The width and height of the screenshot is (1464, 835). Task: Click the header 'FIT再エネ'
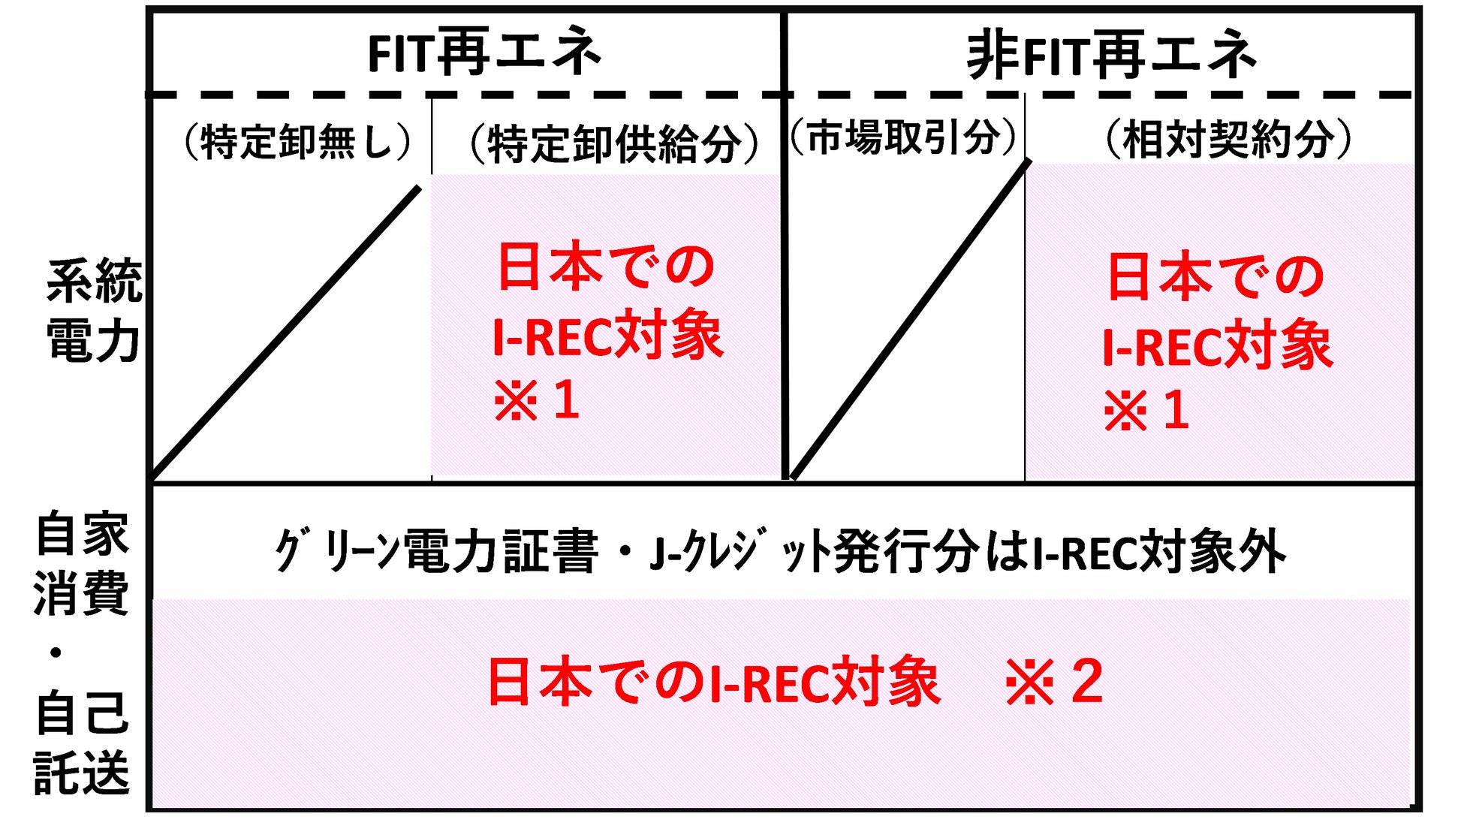[484, 53]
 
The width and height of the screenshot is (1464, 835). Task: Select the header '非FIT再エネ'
[1111, 54]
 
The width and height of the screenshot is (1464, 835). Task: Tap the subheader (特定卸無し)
[298, 141]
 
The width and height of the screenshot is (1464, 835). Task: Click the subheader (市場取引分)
[903, 137]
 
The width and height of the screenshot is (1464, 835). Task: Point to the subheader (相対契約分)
[1228, 139]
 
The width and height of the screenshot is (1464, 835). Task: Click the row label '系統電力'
[94, 310]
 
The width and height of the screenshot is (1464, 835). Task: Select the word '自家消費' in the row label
[81, 563]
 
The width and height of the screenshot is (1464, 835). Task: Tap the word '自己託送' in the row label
[81, 743]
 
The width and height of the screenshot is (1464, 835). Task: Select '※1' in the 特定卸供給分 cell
[536, 400]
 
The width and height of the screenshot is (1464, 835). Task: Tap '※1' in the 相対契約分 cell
[1146, 411]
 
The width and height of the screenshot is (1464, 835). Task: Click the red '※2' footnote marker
[1054, 682]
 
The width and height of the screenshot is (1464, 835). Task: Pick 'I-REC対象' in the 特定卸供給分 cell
[607, 336]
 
